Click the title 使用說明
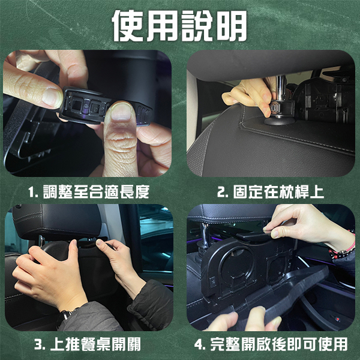pos(179,26)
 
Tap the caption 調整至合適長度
pos(96,192)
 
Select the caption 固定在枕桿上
pos(278,192)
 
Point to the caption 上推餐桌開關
pos(95,344)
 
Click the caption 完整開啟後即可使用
pos(279,344)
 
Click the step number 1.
pos(32,192)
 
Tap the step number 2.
pos(223,192)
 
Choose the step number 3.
pos(40,344)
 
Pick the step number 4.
pos(200,344)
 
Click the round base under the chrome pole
pos(280,121)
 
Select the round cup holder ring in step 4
pos(237,264)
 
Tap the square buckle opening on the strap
pos(76,106)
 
